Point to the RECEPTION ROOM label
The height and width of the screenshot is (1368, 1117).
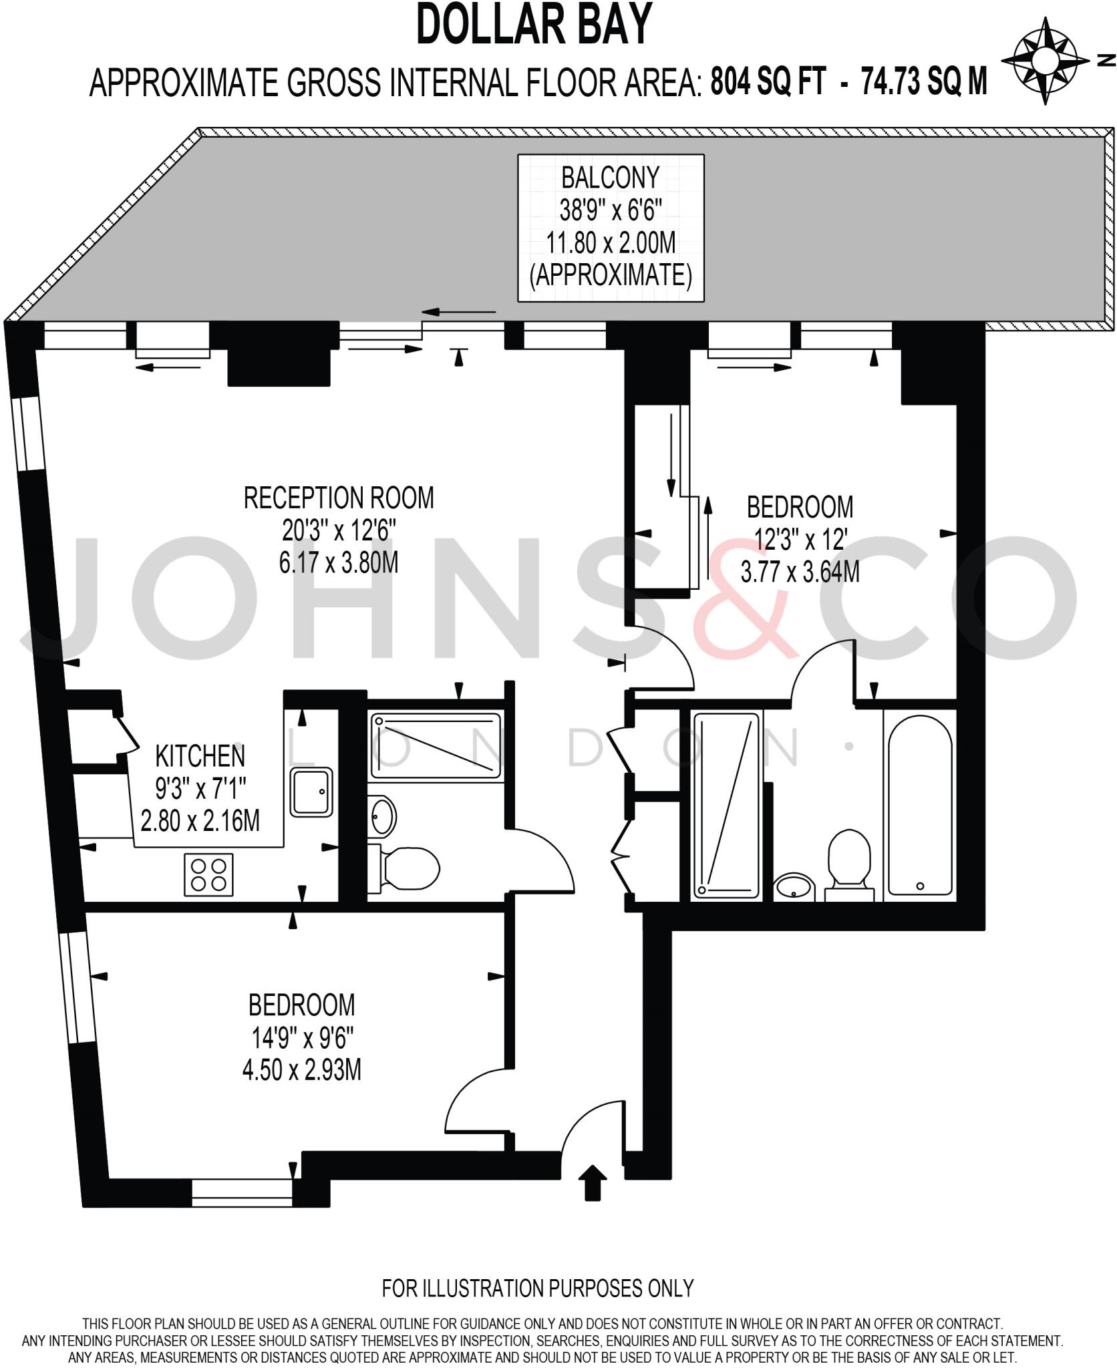[338, 498]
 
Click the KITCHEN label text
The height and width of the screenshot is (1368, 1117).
[200, 756]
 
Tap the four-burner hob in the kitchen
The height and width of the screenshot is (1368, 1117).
[208, 875]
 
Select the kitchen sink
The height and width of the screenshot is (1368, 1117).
[311, 792]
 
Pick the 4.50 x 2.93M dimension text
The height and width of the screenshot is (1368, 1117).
[301, 1071]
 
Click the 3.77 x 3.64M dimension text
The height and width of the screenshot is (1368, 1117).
[800, 572]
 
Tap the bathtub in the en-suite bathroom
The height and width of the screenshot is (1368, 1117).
[920, 805]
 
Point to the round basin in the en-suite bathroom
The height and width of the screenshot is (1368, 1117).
[794, 888]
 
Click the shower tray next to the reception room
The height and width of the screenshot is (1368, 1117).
[436, 746]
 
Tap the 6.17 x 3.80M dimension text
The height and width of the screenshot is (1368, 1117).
[338, 563]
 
